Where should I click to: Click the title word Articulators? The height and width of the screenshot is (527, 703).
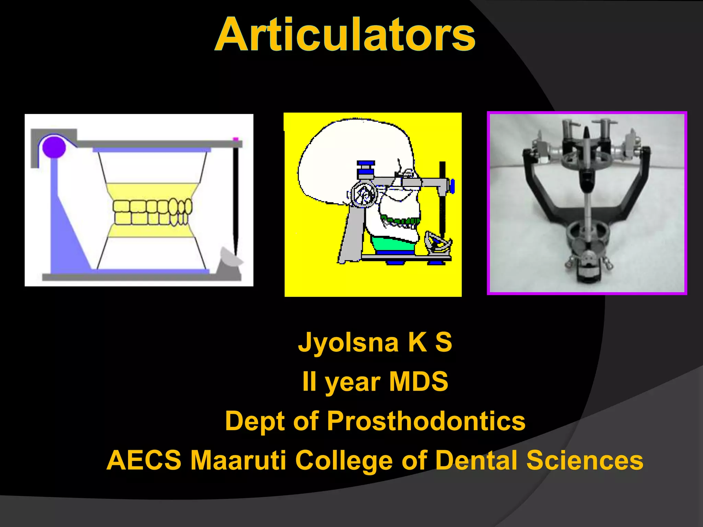[345, 35]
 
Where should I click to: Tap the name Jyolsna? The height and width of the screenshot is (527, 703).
[348, 342]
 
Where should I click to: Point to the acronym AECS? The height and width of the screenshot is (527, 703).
[144, 460]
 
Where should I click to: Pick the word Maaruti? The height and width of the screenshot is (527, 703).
[238, 460]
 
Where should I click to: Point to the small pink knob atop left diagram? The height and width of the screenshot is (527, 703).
[235, 139]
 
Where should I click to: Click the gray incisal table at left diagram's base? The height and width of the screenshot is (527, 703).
[229, 262]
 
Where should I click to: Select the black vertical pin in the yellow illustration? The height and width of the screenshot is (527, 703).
[442, 199]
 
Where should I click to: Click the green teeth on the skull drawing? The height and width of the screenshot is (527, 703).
[402, 220]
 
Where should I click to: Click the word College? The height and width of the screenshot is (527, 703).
[344, 460]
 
